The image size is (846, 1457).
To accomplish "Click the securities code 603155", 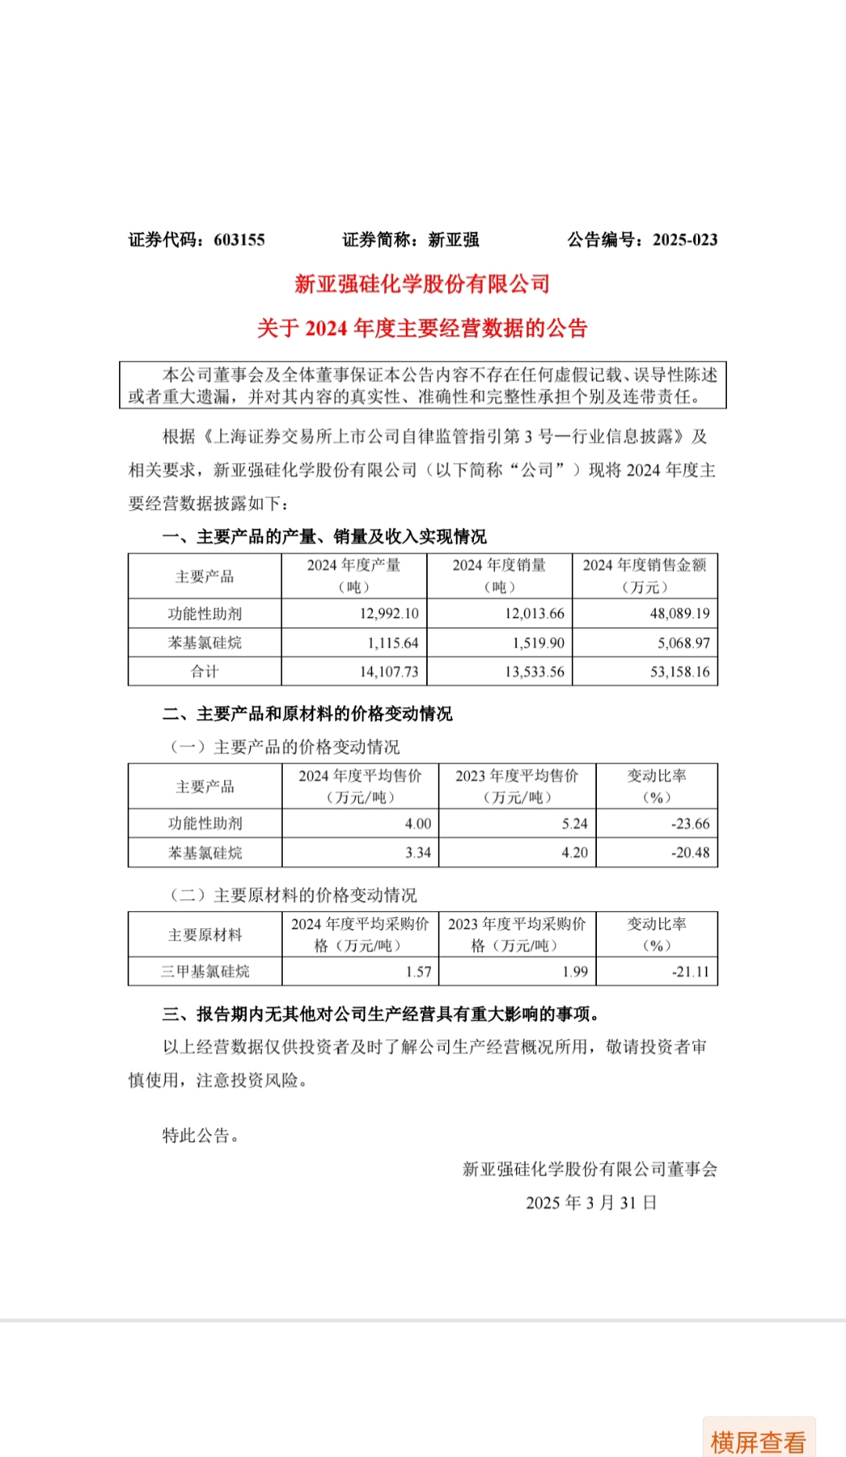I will pyautogui.click(x=239, y=240).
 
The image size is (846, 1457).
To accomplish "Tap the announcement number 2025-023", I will pyautogui.click(x=685, y=240).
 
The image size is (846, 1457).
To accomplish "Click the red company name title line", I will pyautogui.click(x=422, y=284).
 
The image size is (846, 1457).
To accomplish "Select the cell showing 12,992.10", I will pyautogui.click(x=389, y=613).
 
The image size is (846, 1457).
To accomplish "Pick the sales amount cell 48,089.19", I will pyautogui.click(x=679, y=613).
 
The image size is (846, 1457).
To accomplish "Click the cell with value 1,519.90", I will pyautogui.click(x=538, y=643).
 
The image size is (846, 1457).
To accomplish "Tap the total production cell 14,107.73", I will pyautogui.click(x=389, y=671).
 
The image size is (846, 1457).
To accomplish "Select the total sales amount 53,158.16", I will pyautogui.click(x=679, y=671).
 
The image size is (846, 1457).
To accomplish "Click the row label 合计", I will pyautogui.click(x=204, y=671).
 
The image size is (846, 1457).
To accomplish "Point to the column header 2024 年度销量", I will pyautogui.click(x=499, y=566).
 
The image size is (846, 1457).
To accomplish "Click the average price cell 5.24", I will pyautogui.click(x=574, y=823).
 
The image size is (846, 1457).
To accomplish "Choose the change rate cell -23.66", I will pyautogui.click(x=690, y=823).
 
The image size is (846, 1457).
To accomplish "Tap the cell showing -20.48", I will pyautogui.click(x=690, y=852).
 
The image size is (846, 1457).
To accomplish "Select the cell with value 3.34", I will pyautogui.click(x=418, y=852).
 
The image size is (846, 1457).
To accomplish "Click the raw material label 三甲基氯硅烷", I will pyautogui.click(x=204, y=971).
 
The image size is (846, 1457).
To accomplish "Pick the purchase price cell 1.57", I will pyautogui.click(x=418, y=971).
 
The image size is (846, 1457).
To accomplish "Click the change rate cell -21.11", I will pyautogui.click(x=690, y=971).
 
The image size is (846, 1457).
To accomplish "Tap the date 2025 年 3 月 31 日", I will pyautogui.click(x=591, y=1202).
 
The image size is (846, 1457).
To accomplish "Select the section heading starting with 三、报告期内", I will pyautogui.click(x=381, y=1014).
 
